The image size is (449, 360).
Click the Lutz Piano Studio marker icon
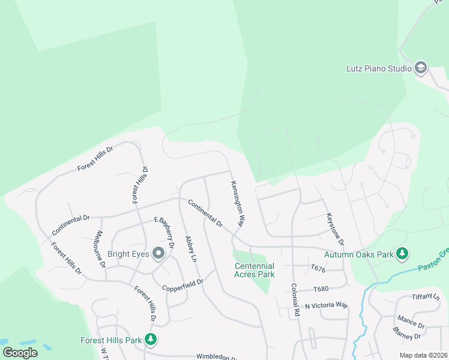pos(420,68)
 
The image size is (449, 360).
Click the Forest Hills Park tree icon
pos(151,340)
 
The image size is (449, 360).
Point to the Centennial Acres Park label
pos(255,270)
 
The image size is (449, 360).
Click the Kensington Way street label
pos(238,204)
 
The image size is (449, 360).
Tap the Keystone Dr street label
pos(334,229)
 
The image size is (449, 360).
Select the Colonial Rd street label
pos(295,300)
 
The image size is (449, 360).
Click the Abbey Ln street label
pos(191,248)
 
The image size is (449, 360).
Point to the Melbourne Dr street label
pos(100,249)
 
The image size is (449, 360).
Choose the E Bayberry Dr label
pos(164,232)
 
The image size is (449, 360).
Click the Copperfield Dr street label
pos(183,283)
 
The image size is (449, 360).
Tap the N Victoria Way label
pos(326,305)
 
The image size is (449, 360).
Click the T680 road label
pos(322,289)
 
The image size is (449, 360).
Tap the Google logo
pos(19,352)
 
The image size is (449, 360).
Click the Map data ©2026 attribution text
pos(423,355)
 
